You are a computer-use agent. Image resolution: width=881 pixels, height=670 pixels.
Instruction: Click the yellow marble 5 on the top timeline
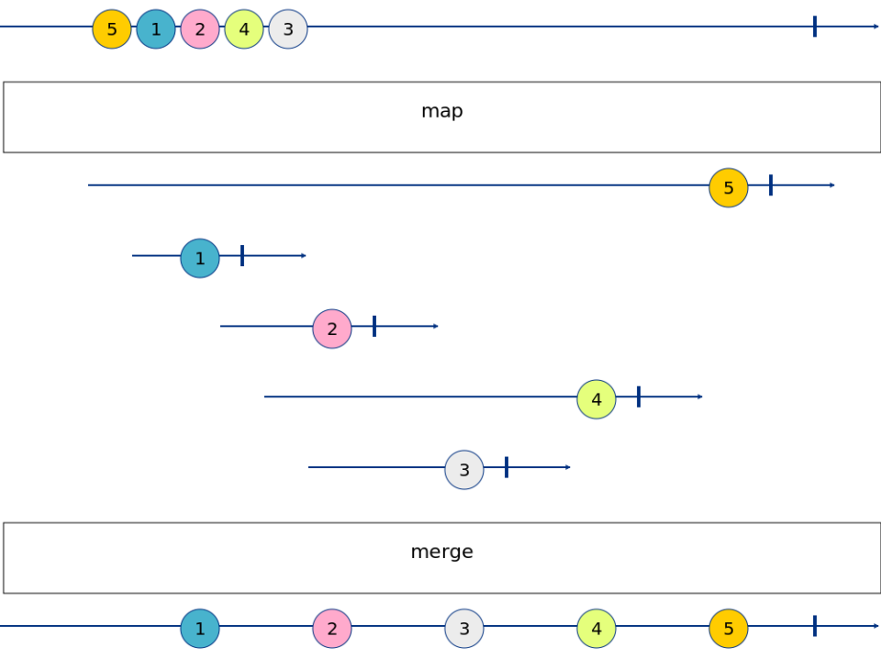(112, 29)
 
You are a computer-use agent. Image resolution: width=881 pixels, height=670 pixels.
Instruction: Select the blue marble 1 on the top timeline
(156, 29)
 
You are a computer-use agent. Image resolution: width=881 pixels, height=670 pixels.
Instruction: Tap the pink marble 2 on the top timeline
(200, 29)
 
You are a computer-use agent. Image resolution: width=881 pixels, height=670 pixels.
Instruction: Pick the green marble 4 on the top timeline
(244, 29)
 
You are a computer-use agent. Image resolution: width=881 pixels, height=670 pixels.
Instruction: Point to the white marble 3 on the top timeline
(288, 29)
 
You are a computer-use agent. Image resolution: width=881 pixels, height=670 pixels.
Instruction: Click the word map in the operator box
(441, 112)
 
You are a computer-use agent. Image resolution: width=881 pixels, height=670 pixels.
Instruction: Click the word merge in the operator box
(441, 553)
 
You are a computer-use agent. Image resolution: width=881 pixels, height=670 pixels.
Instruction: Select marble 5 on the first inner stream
(729, 188)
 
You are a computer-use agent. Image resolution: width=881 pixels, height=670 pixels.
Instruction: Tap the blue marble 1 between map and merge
(200, 259)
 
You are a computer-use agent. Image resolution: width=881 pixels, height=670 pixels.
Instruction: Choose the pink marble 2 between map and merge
(332, 329)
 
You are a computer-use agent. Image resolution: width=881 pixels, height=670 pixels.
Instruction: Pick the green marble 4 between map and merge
(597, 400)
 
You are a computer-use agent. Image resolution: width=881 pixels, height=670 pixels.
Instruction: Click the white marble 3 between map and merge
(464, 471)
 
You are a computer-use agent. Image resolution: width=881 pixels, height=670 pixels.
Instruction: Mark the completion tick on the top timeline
(814, 27)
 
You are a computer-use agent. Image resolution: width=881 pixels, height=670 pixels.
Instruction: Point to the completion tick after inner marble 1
(242, 256)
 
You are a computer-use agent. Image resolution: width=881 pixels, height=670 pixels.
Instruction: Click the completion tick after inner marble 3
(507, 467)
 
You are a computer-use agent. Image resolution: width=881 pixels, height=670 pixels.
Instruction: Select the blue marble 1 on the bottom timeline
(200, 629)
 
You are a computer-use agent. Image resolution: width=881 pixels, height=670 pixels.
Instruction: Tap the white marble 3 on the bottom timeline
(464, 629)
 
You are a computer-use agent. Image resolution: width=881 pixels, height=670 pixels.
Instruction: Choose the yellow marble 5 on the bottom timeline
(729, 629)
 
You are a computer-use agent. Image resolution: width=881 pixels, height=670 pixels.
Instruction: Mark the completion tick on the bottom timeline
(814, 626)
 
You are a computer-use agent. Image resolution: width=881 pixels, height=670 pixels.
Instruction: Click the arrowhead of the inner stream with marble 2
(437, 327)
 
